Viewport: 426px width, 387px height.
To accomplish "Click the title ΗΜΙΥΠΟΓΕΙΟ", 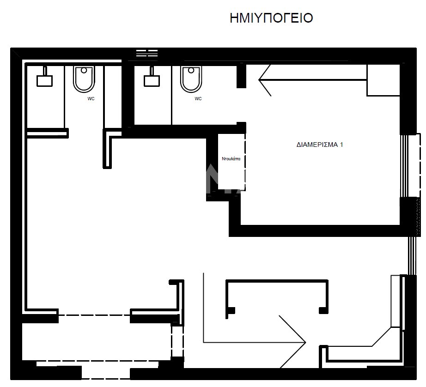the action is [271, 18].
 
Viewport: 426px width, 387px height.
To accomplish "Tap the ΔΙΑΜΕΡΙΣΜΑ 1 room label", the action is [320, 145].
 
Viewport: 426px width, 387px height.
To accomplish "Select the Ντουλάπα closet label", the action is [231, 159].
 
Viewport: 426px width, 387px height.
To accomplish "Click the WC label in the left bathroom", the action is [91, 98].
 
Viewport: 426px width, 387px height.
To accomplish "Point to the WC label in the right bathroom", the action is [198, 98].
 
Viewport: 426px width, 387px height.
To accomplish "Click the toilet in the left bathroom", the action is [84, 79].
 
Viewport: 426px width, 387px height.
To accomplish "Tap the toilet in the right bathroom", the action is [191, 79].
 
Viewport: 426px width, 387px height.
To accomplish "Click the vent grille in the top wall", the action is [147, 53].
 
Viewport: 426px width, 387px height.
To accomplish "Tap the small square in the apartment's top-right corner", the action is [383, 80].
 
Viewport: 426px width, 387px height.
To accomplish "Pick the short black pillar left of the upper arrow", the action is [241, 76].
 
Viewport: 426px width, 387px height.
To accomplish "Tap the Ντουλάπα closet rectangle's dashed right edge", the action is [245, 162].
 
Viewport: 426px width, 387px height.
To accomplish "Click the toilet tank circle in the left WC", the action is [84, 70].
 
